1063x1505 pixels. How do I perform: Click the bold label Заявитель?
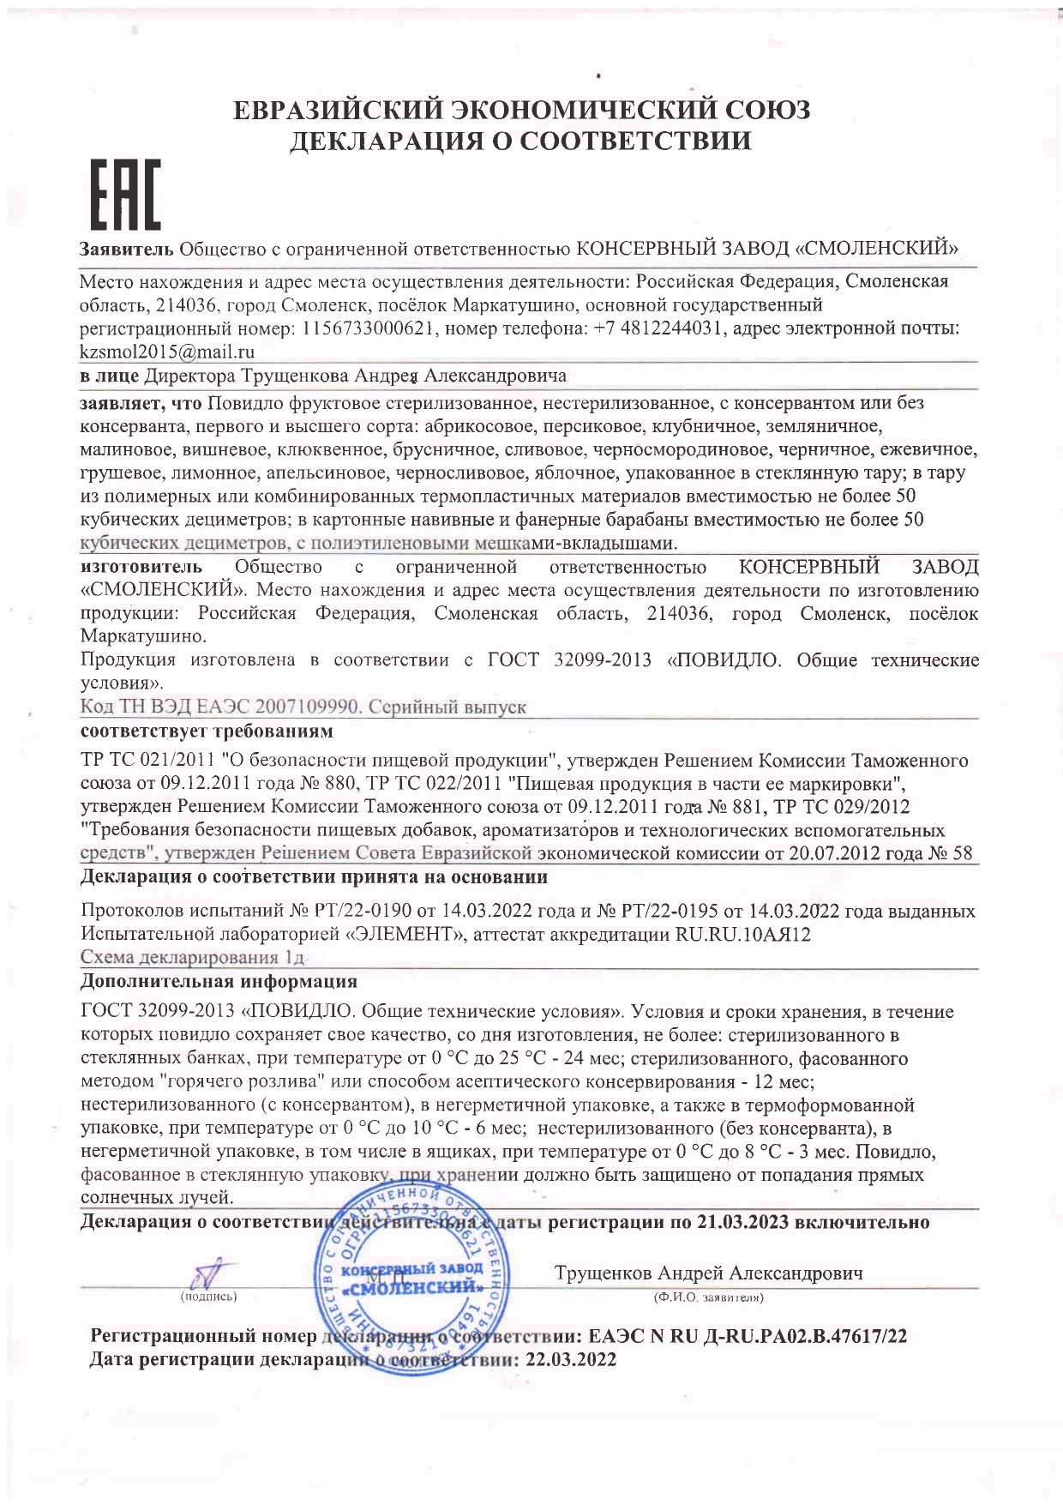127,249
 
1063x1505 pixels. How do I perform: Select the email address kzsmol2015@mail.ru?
167,352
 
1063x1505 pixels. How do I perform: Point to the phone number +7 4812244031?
660,328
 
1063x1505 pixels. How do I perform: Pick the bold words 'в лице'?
109,376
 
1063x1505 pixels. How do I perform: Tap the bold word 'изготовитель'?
141,567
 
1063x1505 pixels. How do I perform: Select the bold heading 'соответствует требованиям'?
206,731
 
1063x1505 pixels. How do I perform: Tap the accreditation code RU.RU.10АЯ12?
742,934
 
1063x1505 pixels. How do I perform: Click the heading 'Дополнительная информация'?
219,981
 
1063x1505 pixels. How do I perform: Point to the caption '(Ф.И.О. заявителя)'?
708,1297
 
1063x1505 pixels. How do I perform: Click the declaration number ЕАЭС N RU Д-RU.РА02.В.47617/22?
748,1336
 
